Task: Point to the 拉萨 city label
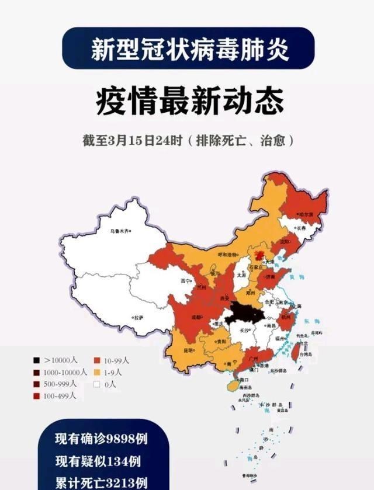138,318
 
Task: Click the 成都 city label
197,317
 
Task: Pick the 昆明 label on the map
188,350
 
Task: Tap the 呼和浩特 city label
228,255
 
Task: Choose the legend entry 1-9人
112,372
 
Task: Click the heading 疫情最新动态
190,101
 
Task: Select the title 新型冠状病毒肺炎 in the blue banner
190,50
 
